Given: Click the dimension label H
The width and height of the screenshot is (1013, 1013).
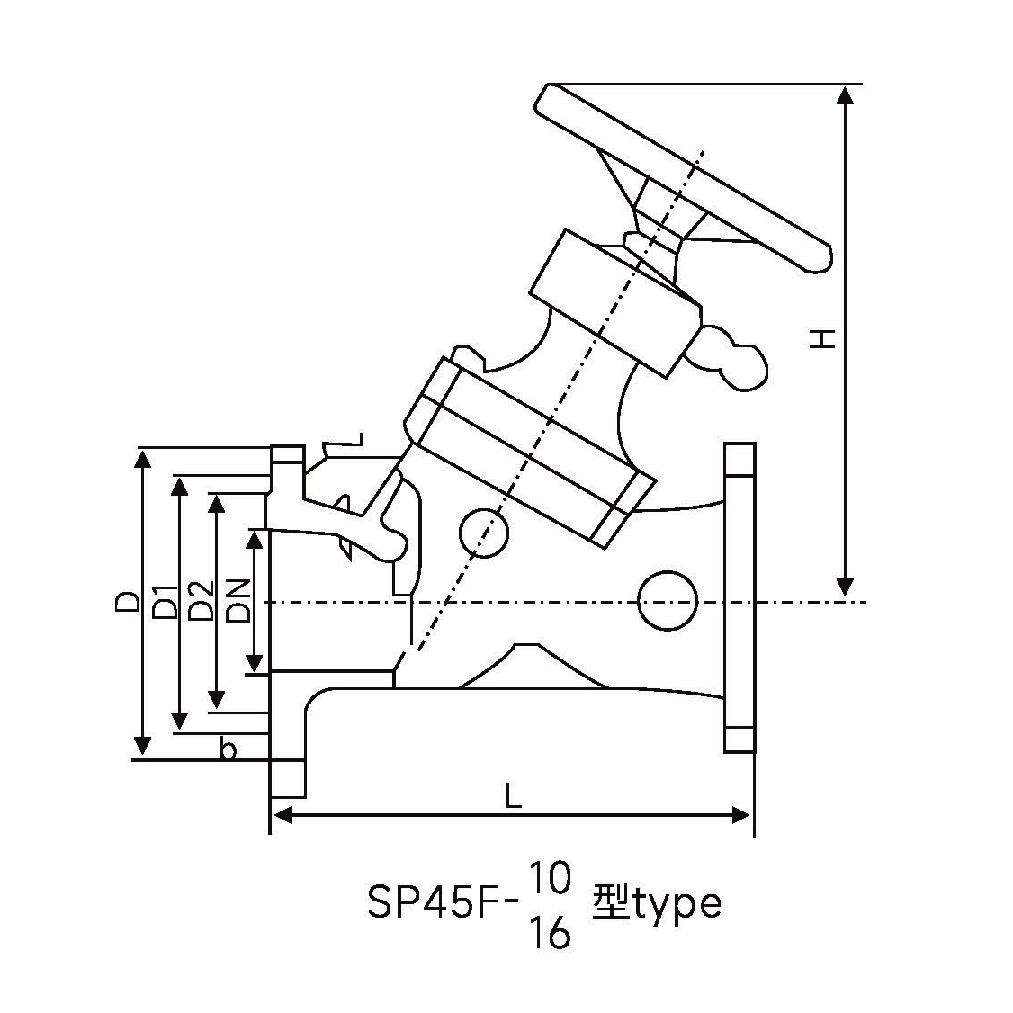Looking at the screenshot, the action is tap(823, 338).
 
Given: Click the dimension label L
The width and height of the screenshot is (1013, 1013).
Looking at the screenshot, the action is tap(513, 796).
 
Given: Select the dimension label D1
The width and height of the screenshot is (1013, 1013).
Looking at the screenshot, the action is tap(165, 601).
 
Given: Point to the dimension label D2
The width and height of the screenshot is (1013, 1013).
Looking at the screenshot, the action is tap(201, 601).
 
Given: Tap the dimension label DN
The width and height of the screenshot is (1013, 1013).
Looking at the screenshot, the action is tap(238, 601).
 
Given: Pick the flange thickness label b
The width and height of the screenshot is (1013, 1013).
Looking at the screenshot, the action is tap(229, 749).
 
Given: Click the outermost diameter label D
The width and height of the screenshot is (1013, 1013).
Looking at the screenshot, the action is tap(127, 602).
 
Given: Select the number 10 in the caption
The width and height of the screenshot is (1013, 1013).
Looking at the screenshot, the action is tap(551, 879).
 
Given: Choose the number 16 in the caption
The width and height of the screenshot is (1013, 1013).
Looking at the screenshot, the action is tap(551, 933).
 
